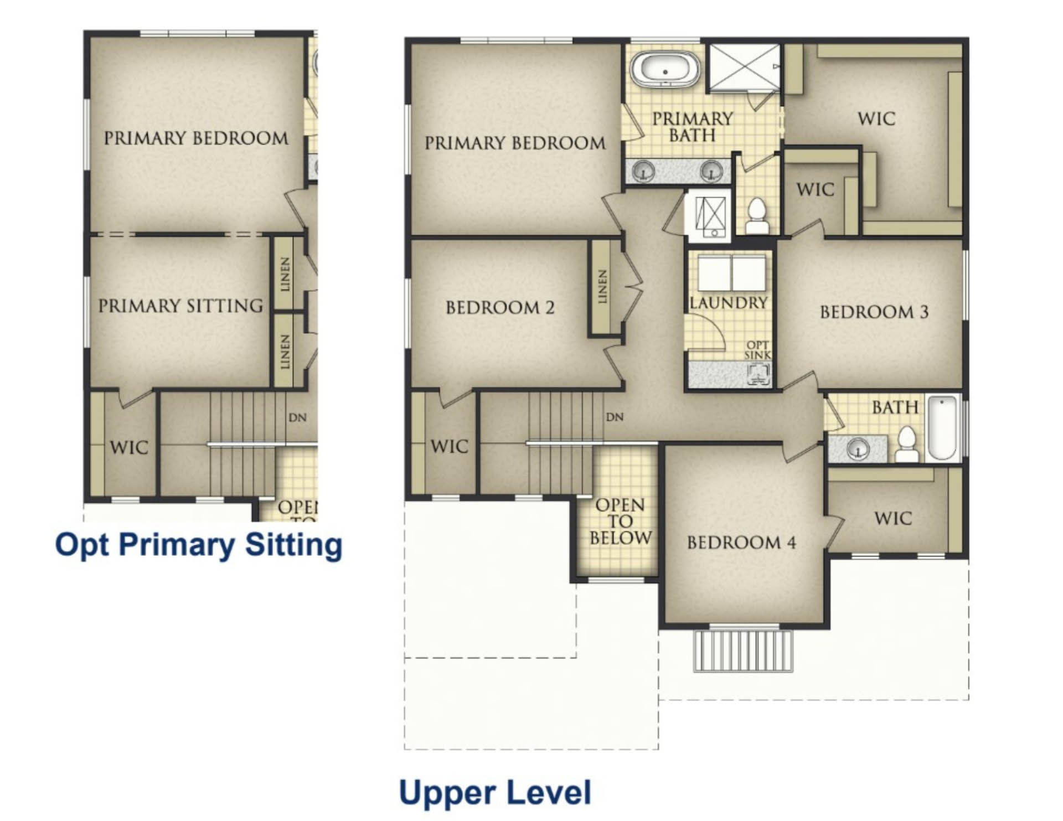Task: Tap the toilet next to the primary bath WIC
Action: (x=757, y=216)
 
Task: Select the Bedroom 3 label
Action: (x=874, y=312)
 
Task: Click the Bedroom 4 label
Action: (x=741, y=542)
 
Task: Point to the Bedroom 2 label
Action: (x=500, y=307)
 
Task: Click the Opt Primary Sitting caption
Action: (x=199, y=545)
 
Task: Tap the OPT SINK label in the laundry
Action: (x=757, y=350)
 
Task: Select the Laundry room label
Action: (x=729, y=303)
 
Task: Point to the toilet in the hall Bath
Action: (x=907, y=444)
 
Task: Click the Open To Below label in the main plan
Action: (x=620, y=521)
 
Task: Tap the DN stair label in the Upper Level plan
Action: (x=615, y=417)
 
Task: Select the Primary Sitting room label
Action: (x=180, y=306)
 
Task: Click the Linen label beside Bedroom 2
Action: (x=602, y=287)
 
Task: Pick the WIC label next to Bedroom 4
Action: (x=893, y=519)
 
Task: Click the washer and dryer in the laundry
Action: (x=732, y=272)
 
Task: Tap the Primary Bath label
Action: (x=692, y=127)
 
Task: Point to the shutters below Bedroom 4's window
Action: (x=743, y=651)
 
